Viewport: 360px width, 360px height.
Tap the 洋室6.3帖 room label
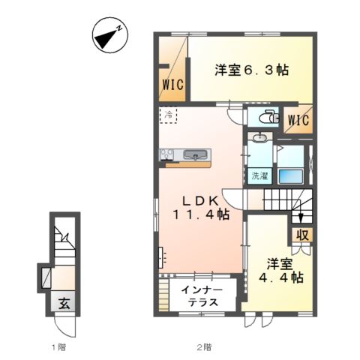(x=251, y=70)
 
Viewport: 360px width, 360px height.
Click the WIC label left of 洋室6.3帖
(x=172, y=85)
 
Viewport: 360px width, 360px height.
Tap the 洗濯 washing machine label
(x=259, y=177)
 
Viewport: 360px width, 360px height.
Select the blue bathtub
(x=289, y=176)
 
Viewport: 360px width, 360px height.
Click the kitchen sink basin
(x=197, y=156)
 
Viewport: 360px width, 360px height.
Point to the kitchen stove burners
(x=166, y=155)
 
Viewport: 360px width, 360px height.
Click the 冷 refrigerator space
(x=169, y=116)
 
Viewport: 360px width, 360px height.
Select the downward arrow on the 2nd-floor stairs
(x=301, y=217)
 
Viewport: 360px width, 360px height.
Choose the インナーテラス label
(x=199, y=295)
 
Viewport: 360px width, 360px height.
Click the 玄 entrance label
(x=64, y=304)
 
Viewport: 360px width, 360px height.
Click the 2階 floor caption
(x=204, y=347)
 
